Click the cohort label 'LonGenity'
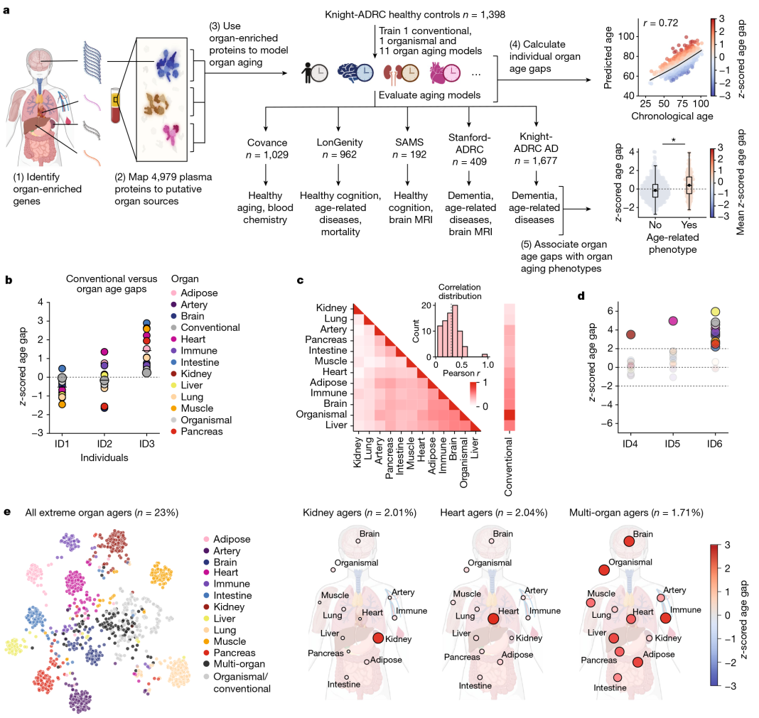(x=338, y=141)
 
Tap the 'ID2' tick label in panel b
(x=104, y=443)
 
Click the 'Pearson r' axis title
(x=458, y=372)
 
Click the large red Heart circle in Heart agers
(x=492, y=619)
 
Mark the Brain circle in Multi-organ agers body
(x=629, y=541)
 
